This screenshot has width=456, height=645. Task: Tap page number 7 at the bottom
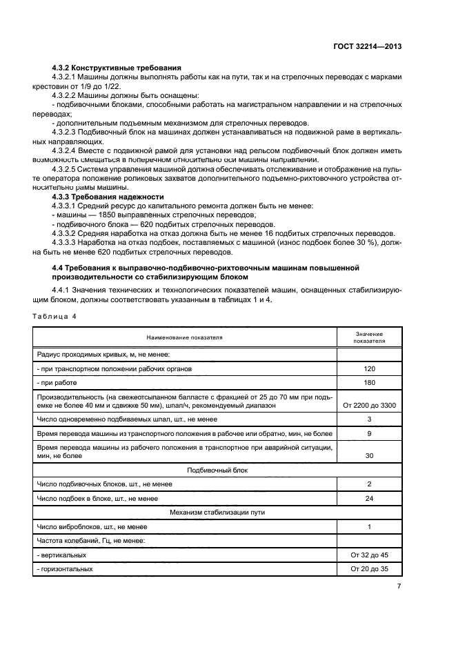399,586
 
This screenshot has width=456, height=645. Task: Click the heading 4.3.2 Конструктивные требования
117,68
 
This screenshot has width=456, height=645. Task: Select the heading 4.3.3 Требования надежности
106,197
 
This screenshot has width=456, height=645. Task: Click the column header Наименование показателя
184,337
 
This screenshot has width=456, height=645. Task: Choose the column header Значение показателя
369,337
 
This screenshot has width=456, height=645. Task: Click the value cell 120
369,369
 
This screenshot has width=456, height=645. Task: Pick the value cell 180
369,383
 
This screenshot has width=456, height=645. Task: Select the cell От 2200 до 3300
369,406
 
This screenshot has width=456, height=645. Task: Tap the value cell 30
369,456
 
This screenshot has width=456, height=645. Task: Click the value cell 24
369,497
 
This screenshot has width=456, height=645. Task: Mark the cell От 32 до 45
369,555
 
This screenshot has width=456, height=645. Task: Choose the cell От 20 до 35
369,568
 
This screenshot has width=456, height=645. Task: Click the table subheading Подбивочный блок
184,470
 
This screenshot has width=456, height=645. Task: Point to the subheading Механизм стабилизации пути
184,512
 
